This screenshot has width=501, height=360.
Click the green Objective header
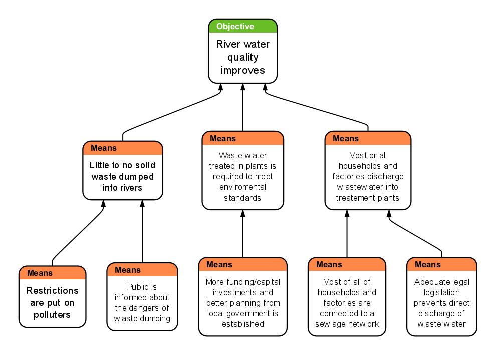pyautogui.click(x=242, y=26)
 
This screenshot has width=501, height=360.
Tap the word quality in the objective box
pyautogui.click(x=242, y=57)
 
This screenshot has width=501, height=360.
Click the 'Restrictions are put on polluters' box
pyautogui.click(x=52, y=302)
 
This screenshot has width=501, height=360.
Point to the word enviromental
pyautogui.click(x=242, y=187)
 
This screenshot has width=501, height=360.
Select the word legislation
pyautogui.click(x=441, y=292)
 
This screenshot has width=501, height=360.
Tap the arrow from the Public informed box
pyautogui.click(x=142, y=230)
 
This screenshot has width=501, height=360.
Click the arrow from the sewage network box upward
pyautogui.click(x=347, y=233)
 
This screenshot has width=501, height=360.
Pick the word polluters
pyautogui.click(x=52, y=315)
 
